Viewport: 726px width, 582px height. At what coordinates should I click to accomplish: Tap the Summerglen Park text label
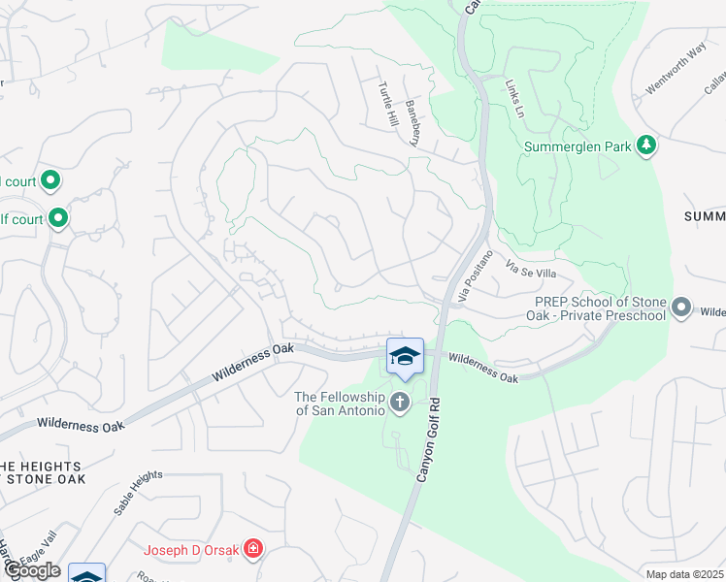point(577,147)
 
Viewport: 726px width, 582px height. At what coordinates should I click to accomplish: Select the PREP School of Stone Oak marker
point(681,308)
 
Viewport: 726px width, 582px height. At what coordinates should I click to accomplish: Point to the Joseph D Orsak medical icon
point(253,550)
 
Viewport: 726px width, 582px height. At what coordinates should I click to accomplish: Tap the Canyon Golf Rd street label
point(427,438)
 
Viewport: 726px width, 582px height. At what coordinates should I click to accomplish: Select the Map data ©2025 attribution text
point(684,574)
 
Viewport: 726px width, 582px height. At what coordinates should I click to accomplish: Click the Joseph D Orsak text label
point(193,551)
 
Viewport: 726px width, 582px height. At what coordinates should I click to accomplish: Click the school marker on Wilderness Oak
point(406,357)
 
